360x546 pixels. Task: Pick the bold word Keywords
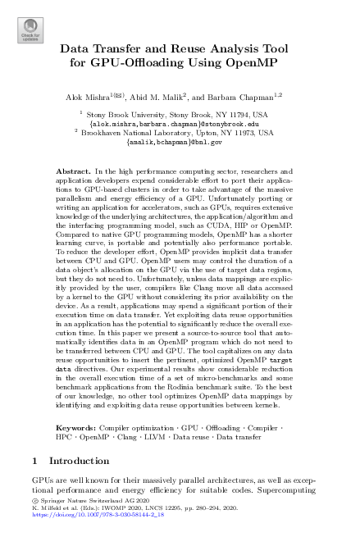pyautogui.click(x=75, y=427)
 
